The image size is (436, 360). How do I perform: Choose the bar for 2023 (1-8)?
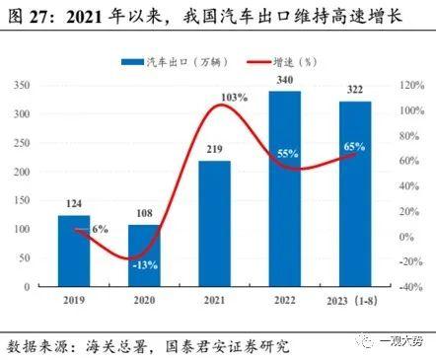pyautogui.click(x=355, y=197)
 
